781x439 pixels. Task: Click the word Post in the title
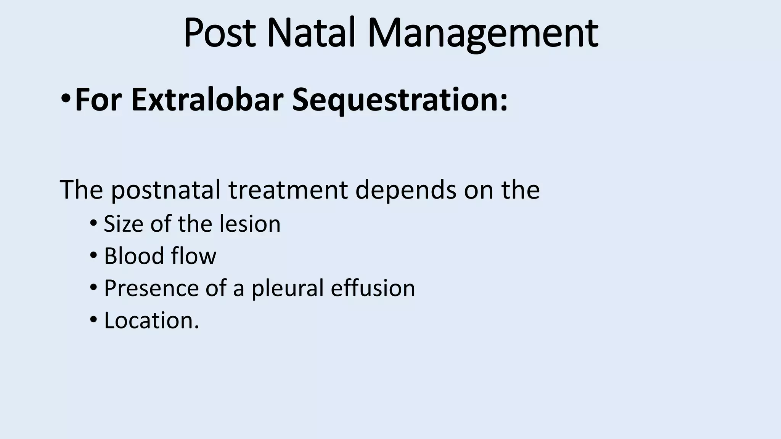click(x=219, y=34)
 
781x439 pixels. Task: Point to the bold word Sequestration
click(x=399, y=100)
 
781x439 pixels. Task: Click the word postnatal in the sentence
click(x=166, y=190)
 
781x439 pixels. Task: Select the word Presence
click(x=151, y=288)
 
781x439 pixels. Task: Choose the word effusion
click(x=373, y=288)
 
